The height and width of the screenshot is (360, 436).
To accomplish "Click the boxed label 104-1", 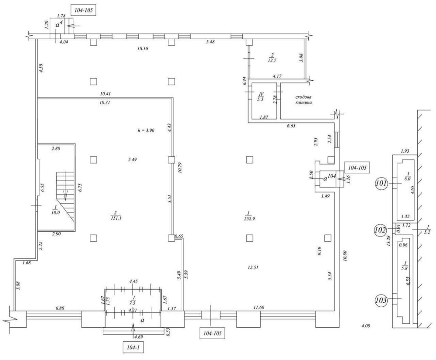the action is click(133, 347).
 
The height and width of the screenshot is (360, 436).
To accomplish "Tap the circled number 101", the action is click(381, 183).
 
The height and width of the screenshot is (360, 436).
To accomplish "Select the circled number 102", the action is click(380, 230).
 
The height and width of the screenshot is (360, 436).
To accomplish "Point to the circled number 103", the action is click(381, 300).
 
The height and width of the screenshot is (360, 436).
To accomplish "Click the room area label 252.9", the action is click(249, 216).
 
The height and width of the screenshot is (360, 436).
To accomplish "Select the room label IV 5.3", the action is click(261, 97).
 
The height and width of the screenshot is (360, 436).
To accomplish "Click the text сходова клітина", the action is click(303, 100).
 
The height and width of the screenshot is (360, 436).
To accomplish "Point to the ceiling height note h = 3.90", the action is click(146, 130).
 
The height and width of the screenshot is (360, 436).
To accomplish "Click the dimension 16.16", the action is click(143, 48).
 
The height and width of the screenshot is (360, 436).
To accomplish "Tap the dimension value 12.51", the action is click(253, 267).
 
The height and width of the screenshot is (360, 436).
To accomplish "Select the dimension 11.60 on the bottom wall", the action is click(259, 308).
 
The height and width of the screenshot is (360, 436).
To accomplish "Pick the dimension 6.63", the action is click(291, 126).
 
